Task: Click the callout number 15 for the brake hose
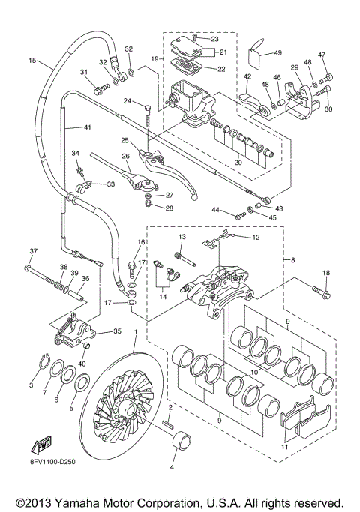click(32, 60)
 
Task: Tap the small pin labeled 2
click(171, 419)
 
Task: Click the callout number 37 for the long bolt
click(33, 251)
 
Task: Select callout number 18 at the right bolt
click(325, 273)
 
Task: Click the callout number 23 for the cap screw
click(214, 38)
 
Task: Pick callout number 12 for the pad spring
click(255, 238)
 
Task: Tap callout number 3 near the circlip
click(31, 385)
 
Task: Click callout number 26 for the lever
click(126, 157)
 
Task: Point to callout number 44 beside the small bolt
click(215, 211)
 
